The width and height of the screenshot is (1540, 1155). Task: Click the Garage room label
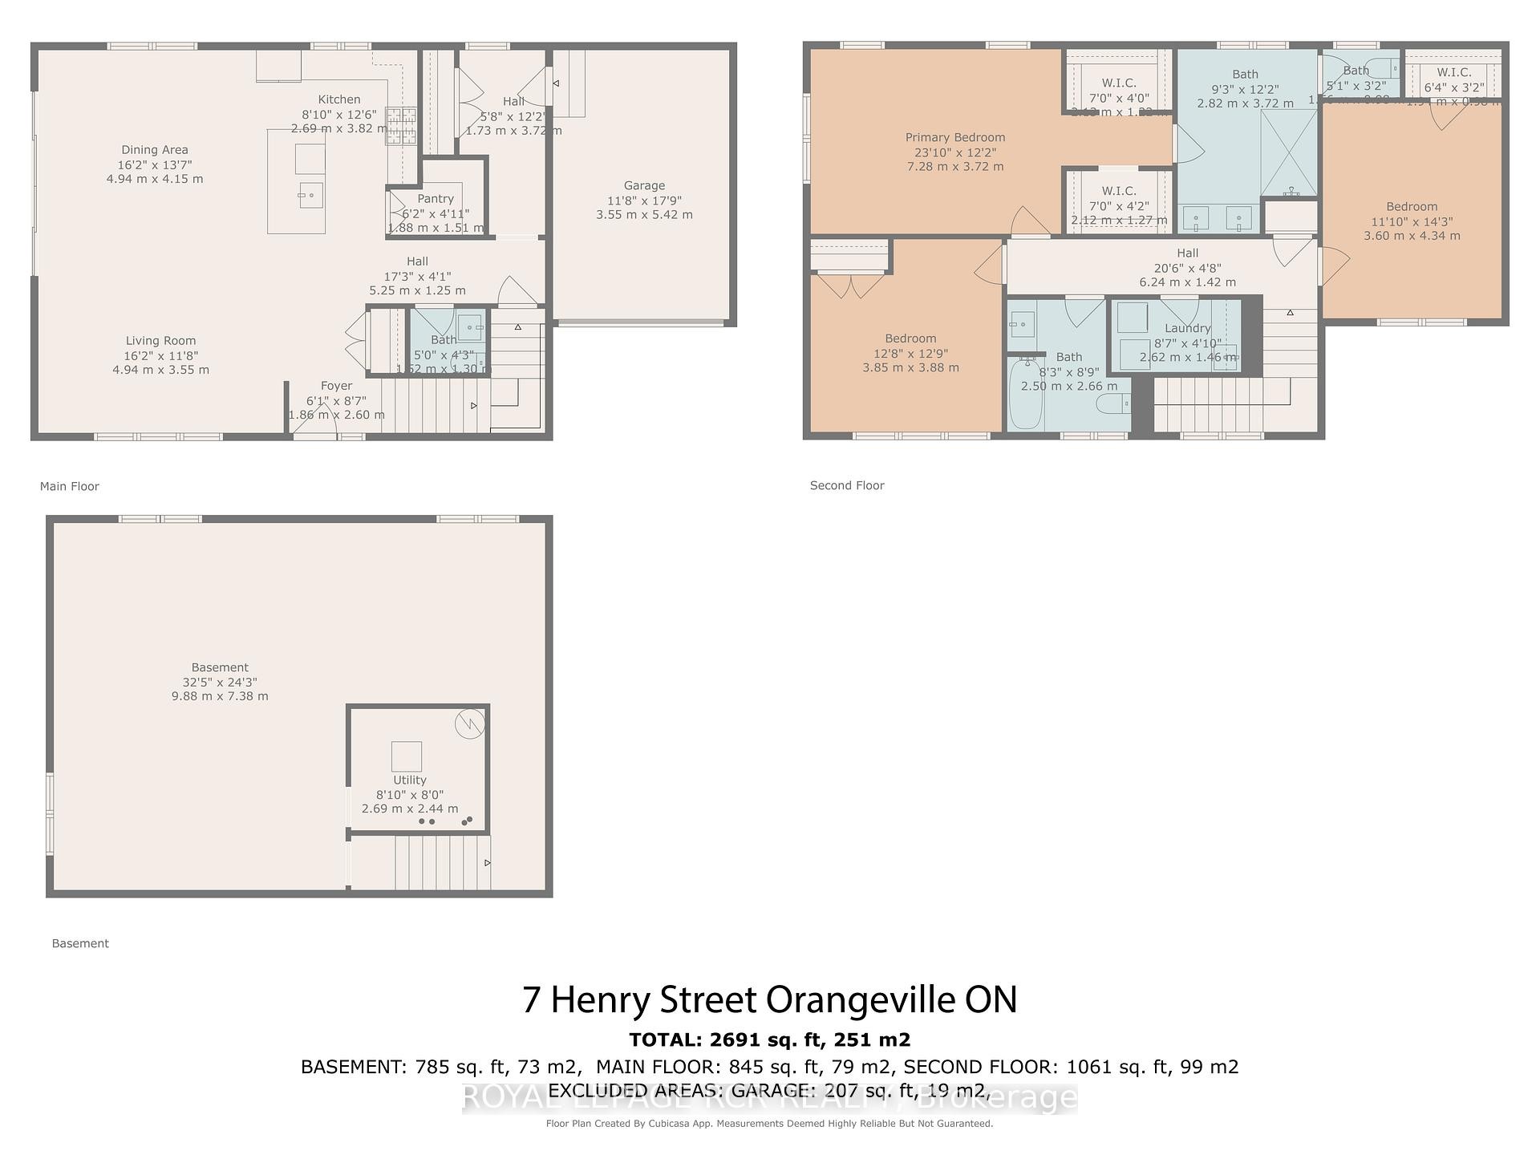(x=644, y=185)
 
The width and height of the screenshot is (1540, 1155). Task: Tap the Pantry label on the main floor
(x=436, y=198)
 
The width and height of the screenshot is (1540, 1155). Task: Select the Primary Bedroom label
(x=954, y=137)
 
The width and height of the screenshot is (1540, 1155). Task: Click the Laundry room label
(x=1187, y=328)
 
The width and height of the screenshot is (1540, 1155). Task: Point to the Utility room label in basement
(x=409, y=780)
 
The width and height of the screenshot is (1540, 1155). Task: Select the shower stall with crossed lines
(x=1288, y=152)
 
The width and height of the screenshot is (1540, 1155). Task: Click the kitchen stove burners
(x=403, y=126)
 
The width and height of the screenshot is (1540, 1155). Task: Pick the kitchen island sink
(x=310, y=194)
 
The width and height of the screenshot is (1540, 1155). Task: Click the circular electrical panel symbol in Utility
(x=470, y=724)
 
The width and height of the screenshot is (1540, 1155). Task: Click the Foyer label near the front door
(x=336, y=386)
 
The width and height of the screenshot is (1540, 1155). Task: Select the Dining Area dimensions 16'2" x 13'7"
(x=155, y=164)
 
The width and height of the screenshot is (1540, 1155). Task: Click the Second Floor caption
(x=847, y=485)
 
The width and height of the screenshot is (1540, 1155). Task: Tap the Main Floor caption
(x=70, y=486)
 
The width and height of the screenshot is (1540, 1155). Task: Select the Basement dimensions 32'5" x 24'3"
(x=220, y=682)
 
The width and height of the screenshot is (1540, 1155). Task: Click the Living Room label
(x=160, y=341)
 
